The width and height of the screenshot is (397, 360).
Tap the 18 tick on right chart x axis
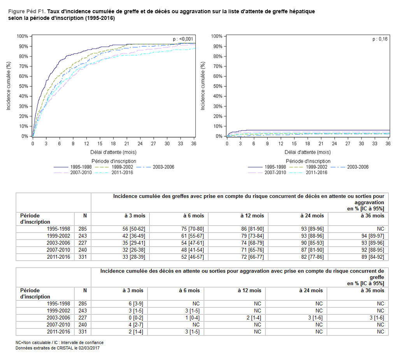(x=307, y=144)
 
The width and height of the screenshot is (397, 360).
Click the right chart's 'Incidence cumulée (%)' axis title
(x=203, y=86)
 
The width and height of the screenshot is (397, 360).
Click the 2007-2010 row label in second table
(x=58, y=325)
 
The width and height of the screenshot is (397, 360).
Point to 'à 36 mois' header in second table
(x=373, y=290)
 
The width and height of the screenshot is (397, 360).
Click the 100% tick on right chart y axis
(x=216, y=36)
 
